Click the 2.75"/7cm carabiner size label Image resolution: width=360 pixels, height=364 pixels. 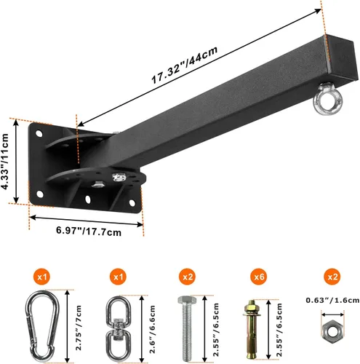71,317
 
